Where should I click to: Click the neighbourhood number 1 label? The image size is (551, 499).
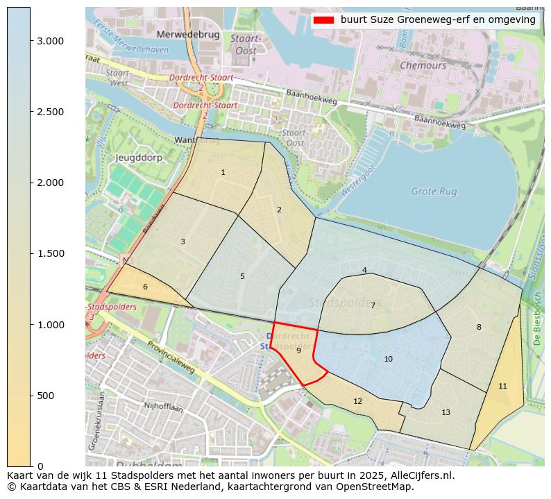pyautogui.click(x=223, y=172)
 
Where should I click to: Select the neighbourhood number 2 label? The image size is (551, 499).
pyautogui.click(x=279, y=210)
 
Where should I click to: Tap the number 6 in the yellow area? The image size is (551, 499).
pyautogui.click(x=145, y=287)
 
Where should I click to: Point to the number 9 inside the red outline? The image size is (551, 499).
pyautogui.click(x=298, y=350)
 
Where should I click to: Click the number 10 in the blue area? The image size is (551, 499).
pyautogui.click(x=388, y=359)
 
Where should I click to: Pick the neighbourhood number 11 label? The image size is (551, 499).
pyautogui.click(x=502, y=386)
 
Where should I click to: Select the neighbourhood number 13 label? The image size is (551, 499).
pyautogui.click(x=446, y=412)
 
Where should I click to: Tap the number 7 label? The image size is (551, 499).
pyautogui.click(x=373, y=305)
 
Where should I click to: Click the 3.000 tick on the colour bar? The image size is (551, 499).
pyautogui.click(x=50, y=41)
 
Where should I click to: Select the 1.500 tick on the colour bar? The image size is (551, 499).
pyautogui.click(x=50, y=253)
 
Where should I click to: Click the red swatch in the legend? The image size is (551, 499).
pyautogui.click(x=323, y=19)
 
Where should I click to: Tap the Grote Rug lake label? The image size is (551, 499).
pyautogui.click(x=434, y=191)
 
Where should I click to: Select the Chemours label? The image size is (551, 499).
pyautogui.click(x=423, y=65)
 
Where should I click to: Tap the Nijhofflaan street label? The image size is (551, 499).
pyautogui.click(x=162, y=405)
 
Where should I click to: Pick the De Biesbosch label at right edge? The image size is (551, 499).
pyautogui.click(x=537, y=319)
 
